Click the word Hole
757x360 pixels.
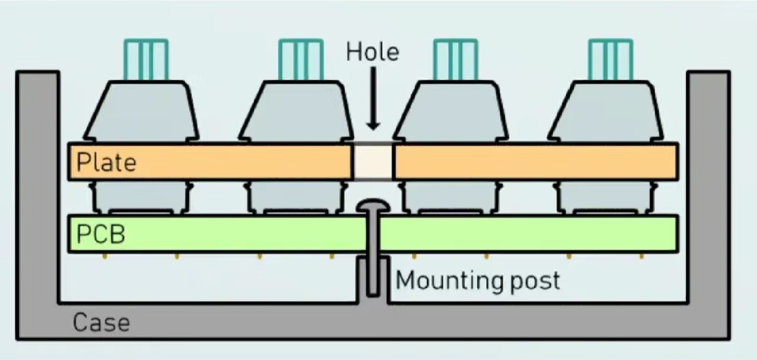click(x=372, y=51)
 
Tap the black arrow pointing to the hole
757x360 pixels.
click(x=372, y=98)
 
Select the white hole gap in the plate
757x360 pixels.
click(x=373, y=162)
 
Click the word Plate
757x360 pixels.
click(x=106, y=162)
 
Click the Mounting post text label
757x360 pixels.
click(x=478, y=280)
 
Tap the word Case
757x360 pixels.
click(x=101, y=322)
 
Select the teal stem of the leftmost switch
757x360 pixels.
click(x=145, y=59)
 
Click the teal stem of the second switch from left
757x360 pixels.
click(x=300, y=59)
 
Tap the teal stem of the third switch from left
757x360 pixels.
click(x=455, y=59)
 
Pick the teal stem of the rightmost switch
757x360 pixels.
click(x=610, y=59)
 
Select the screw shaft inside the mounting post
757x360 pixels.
click(x=372, y=269)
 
